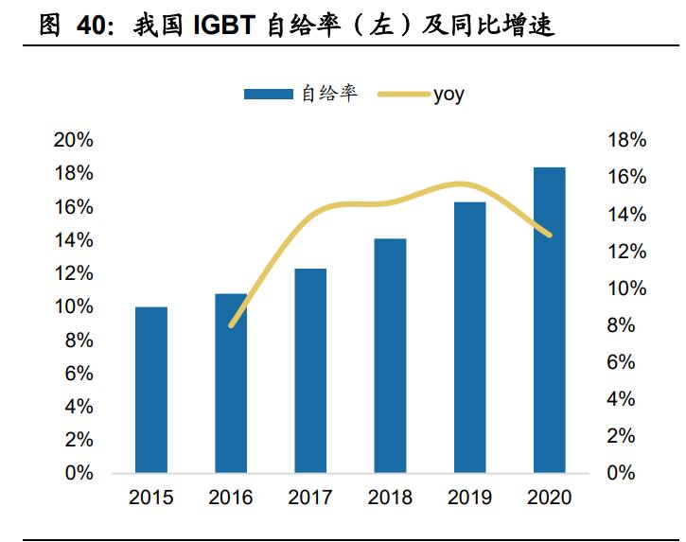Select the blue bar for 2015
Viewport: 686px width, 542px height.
[151, 390]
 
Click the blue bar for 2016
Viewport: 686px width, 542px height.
[231, 383]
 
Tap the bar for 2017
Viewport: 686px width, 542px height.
[310, 371]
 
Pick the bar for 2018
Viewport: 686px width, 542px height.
[390, 356]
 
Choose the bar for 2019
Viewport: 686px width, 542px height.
[469, 338]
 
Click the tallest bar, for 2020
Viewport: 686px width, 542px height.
[549, 320]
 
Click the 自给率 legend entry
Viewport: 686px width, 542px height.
[301, 94]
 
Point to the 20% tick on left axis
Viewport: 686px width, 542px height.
[75, 140]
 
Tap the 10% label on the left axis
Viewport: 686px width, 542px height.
[75, 306]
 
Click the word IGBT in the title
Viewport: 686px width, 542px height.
[228, 26]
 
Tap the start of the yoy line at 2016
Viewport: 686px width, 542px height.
[232, 324]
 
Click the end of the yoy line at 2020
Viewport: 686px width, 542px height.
[549, 234]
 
